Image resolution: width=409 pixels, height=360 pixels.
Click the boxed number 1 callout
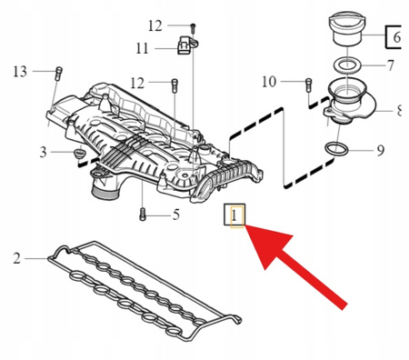234,215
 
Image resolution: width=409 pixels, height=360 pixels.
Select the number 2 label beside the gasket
16,259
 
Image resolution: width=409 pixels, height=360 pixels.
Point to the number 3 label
43,150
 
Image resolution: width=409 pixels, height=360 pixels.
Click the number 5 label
176,215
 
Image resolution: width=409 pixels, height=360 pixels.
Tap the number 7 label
389,65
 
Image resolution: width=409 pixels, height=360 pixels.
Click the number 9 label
380,149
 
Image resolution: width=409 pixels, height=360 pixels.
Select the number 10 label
268,83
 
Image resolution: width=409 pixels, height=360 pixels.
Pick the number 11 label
143,47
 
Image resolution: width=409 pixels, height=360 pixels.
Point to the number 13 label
20,71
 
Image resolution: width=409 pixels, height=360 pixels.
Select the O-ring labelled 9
336,148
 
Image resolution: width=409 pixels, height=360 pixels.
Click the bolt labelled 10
307,85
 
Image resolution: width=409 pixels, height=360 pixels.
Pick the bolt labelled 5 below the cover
143,215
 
